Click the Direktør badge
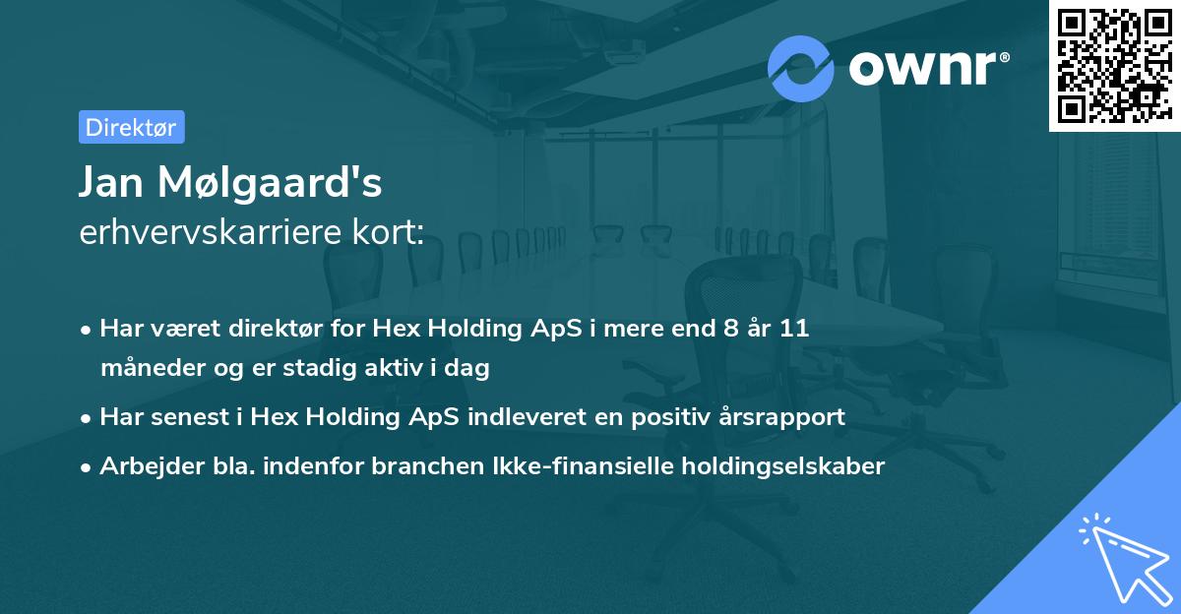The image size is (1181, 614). [x=131, y=127]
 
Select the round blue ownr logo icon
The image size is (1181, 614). [x=801, y=68]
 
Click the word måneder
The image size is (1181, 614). [x=146, y=369]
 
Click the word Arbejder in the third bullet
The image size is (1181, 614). [x=144, y=466]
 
